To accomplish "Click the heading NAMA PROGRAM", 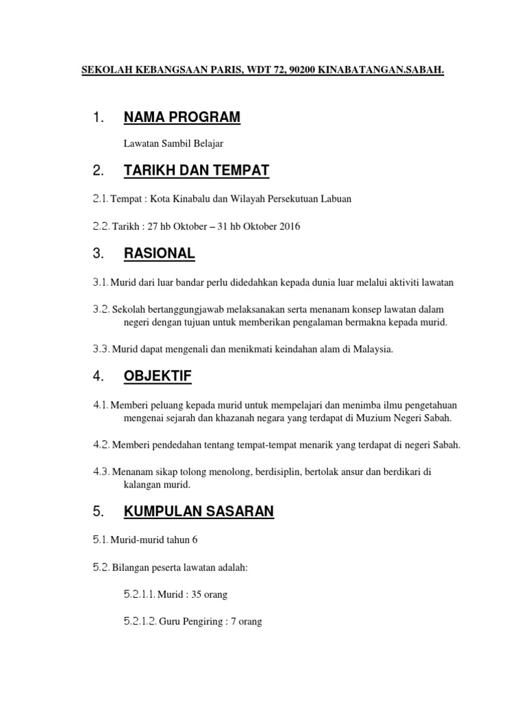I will click(x=181, y=117).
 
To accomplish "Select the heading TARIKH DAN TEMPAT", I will click(x=197, y=170).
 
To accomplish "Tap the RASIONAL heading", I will click(x=159, y=254).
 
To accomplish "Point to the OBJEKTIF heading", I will click(x=158, y=376).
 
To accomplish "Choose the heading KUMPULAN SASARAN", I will click(x=198, y=511).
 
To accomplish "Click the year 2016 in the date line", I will click(x=288, y=226).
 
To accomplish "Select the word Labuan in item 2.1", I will click(x=336, y=199).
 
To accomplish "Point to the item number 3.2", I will click(x=101, y=310).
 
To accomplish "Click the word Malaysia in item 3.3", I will click(x=373, y=350).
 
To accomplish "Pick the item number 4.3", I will click(x=101, y=472).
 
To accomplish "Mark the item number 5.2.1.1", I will click(x=140, y=594).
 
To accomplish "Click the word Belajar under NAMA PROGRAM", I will click(x=208, y=143).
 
